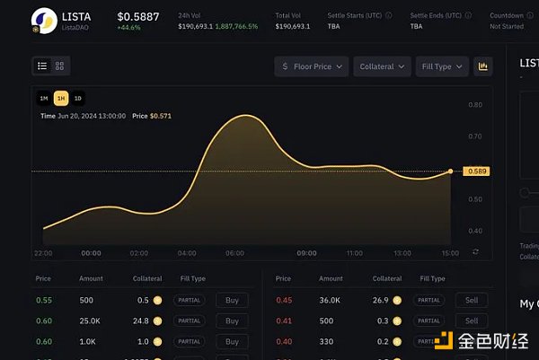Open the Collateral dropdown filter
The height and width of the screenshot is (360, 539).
coord(382,66)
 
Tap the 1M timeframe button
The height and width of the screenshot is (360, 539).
coord(43,98)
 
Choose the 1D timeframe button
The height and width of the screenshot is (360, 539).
coord(77,98)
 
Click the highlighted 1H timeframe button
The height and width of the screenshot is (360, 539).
coord(60,98)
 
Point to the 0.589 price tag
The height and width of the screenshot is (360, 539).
coord(476,171)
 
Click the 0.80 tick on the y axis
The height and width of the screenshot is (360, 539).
coord(475,105)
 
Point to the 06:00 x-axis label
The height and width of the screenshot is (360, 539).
coord(235,254)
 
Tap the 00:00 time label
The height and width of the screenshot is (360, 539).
coord(91,254)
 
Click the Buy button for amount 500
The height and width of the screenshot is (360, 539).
coord(232,300)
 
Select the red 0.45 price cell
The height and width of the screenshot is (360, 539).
coord(284,300)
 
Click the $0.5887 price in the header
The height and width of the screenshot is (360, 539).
coord(137,16)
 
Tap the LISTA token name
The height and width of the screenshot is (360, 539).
coord(75,15)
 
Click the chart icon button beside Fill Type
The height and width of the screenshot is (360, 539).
coord(483,66)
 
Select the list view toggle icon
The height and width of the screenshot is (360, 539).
coord(42,66)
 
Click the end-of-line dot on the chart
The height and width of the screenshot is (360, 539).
coord(451,171)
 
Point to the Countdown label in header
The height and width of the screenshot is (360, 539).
coord(507,16)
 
